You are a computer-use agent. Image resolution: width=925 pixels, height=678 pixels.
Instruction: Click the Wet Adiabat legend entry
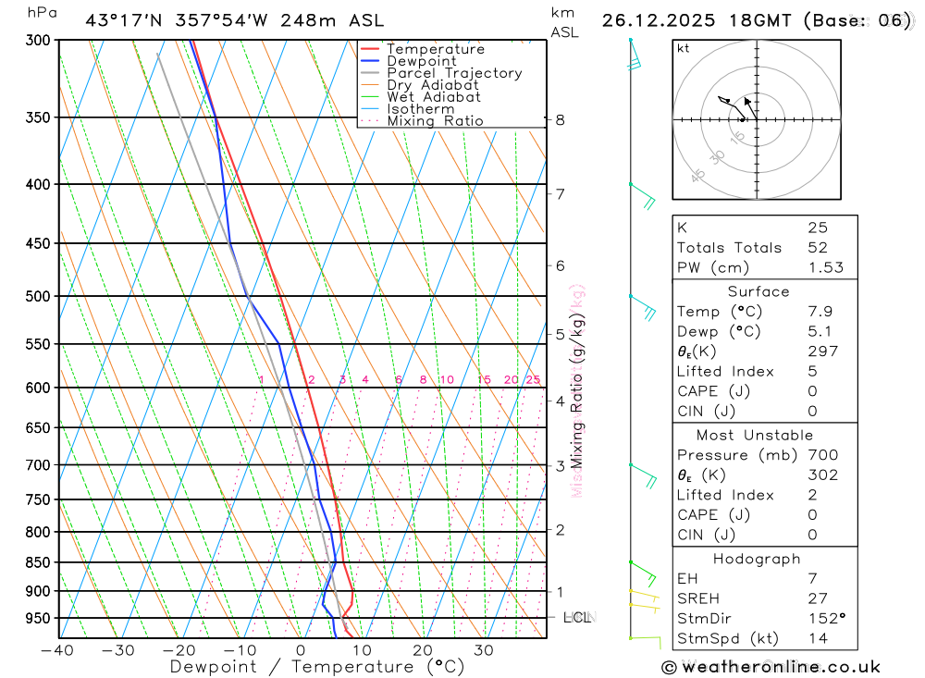coord(433,97)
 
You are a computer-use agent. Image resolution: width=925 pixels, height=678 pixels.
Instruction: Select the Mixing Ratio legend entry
coord(435,121)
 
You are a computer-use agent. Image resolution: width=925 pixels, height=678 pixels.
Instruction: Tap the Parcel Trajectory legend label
coord(454,73)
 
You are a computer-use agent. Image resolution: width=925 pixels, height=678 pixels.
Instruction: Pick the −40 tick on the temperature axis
coord(57,650)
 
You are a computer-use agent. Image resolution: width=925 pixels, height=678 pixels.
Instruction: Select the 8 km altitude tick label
coord(560,120)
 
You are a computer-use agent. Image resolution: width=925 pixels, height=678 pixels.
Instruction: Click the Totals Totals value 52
coord(818,248)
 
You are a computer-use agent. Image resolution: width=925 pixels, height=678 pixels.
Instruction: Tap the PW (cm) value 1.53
coord(822,268)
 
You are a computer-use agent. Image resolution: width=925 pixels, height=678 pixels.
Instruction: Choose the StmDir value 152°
coord(822,619)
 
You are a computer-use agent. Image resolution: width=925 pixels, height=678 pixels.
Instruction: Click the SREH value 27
coord(818,598)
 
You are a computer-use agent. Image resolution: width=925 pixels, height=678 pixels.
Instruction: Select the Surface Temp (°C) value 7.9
coord(820,312)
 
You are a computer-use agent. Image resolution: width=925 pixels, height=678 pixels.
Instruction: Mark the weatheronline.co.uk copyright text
coord(771,667)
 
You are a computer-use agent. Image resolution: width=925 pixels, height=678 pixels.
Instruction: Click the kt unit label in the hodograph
coord(684,48)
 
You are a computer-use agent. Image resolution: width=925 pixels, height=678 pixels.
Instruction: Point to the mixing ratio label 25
coord(533,380)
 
